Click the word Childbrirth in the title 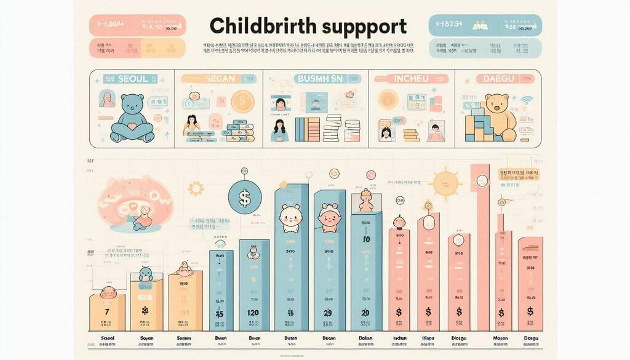(262, 26)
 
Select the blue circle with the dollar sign (244, 198)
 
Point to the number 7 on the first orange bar (107, 312)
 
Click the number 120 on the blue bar (253, 313)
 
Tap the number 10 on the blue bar (365, 239)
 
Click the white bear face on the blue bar (290, 217)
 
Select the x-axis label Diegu (458, 338)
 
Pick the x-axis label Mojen (500, 338)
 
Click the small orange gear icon (196, 188)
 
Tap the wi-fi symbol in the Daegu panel (526, 100)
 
